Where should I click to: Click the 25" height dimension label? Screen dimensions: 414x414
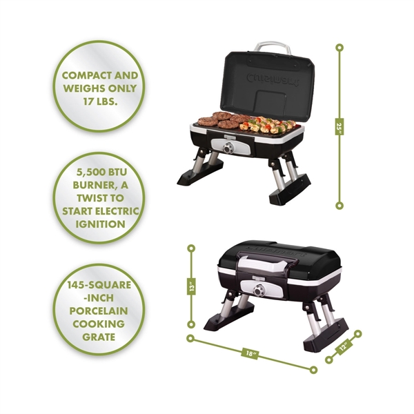pyautogui.click(x=339, y=127)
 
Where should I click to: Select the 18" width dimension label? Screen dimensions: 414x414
pyautogui.click(x=251, y=354)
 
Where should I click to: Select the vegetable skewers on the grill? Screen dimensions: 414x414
pyautogui.click(x=265, y=125)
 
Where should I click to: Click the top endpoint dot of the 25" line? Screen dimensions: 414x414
pyautogui.click(x=339, y=47)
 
